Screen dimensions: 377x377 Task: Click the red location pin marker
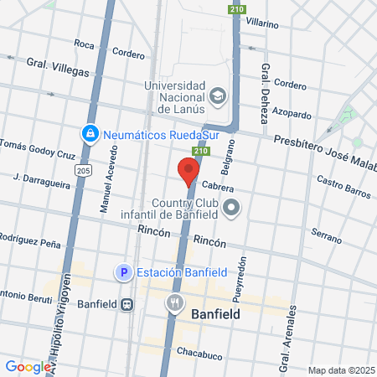[188, 171]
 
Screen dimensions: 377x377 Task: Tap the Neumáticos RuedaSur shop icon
[89, 133]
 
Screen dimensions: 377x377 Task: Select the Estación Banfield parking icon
[123, 272]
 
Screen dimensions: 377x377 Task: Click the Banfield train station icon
[127, 305]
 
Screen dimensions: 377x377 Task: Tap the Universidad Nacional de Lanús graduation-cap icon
[218, 96]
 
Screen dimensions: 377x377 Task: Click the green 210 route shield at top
[236, 9]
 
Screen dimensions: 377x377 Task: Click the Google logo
[27, 366]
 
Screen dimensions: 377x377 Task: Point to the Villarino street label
[261, 24]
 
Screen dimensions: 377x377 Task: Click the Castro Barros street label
[343, 188]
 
